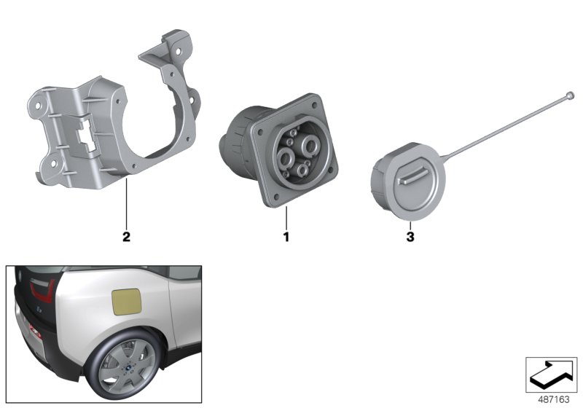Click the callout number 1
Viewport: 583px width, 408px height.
point(286,237)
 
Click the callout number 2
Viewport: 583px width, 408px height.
point(126,237)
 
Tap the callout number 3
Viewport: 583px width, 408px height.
point(410,237)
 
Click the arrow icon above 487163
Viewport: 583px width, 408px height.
point(551,373)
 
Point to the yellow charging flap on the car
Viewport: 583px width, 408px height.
point(130,300)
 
